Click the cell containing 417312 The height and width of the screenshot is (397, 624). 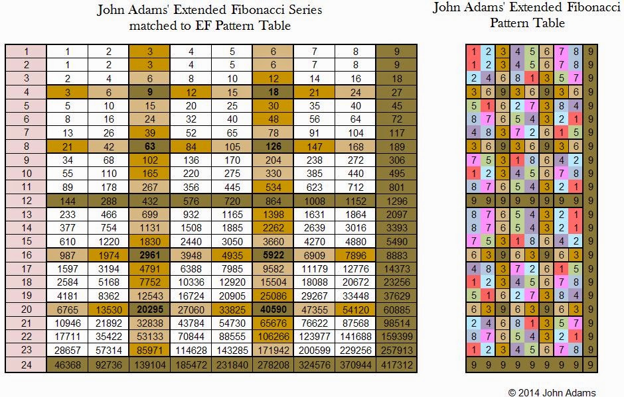point(396,365)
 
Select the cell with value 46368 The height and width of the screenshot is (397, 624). point(67,365)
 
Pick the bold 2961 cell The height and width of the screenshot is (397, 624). point(149,256)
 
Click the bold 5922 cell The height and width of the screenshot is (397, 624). point(273,256)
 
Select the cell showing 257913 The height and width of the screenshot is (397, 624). point(396,349)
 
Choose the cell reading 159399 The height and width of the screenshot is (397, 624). point(396,337)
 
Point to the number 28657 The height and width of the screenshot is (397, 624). point(67,349)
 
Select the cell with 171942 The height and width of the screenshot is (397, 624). point(273,349)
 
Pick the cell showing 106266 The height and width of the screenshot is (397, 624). point(273,337)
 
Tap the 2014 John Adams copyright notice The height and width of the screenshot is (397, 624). point(552,392)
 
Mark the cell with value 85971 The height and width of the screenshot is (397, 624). point(149,349)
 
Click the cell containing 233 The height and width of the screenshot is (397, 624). point(67,213)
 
